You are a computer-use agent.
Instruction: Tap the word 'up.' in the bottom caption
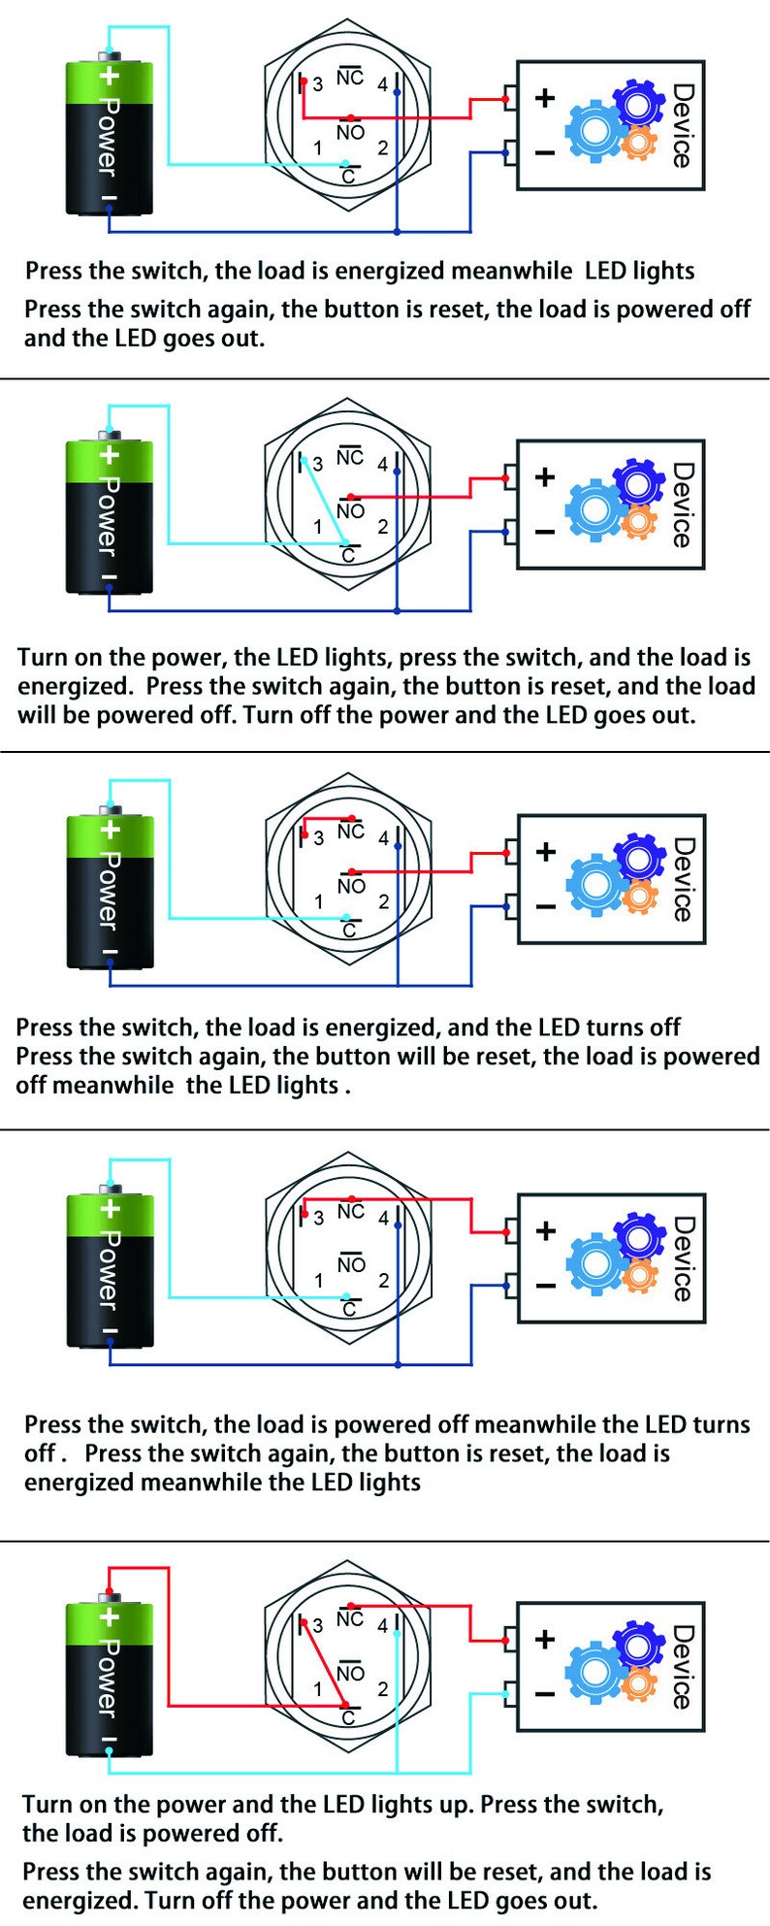click(x=451, y=1806)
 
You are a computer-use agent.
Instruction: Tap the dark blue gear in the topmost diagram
click(x=637, y=102)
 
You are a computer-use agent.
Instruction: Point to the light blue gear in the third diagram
click(x=595, y=883)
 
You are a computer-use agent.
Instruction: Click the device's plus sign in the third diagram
click(x=546, y=851)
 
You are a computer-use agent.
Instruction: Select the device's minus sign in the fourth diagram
click(x=546, y=1286)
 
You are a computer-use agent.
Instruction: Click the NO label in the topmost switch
click(x=350, y=132)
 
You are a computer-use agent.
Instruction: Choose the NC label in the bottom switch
click(x=350, y=1617)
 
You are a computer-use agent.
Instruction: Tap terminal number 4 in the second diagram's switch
click(x=383, y=465)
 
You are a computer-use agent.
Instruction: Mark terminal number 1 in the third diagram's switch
click(x=318, y=901)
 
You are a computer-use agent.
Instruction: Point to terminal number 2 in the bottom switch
click(x=383, y=1689)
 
